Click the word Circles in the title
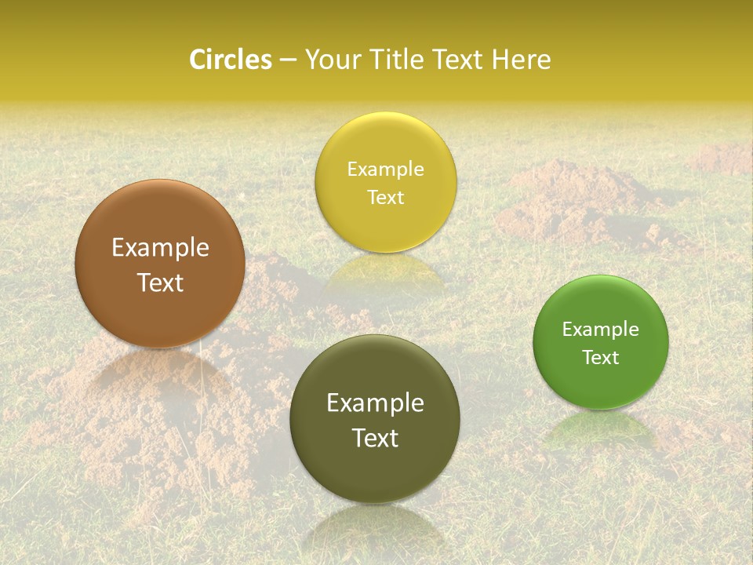point(231,60)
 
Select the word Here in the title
point(522,60)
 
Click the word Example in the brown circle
point(160,248)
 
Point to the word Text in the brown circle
point(160,282)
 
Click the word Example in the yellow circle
point(385,169)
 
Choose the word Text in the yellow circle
point(385,198)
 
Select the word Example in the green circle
point(601,330)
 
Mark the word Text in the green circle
point(601,358)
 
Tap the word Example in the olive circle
point(375,403)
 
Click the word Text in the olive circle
point(375,438)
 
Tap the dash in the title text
point(288,60)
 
